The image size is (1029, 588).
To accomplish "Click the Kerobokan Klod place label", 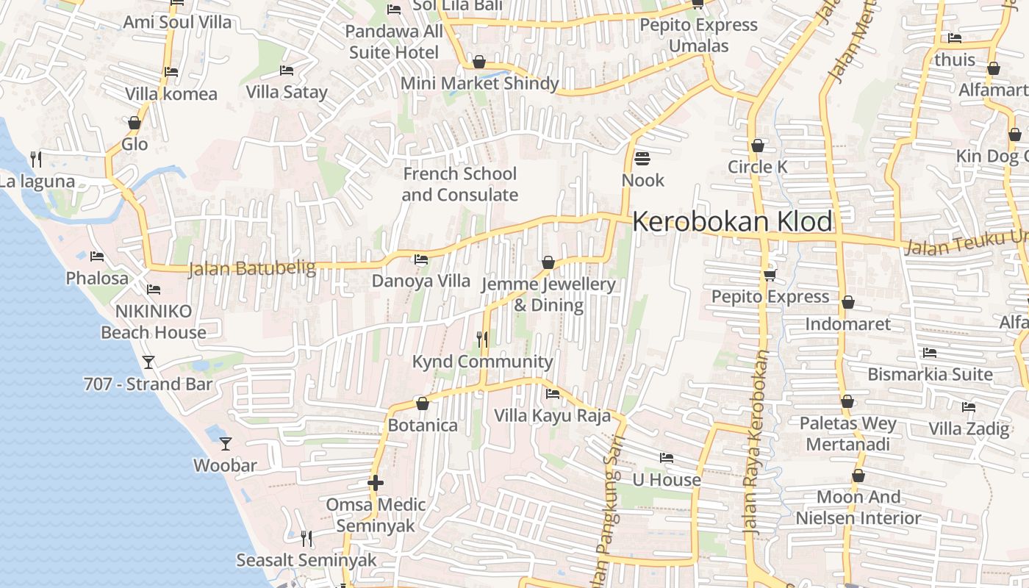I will [x=732, y=221].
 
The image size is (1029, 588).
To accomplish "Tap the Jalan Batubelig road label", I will [x=252, y=269].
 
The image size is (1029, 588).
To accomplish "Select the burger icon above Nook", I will [x=642, y=158].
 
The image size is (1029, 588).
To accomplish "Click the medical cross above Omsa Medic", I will [x=376, y=483].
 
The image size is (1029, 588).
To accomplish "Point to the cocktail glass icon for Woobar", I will [x=226, y=443].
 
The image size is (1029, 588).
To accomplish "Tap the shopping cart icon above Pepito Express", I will [x=770, y=275].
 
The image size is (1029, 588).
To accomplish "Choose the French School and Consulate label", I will [x=460, y=184].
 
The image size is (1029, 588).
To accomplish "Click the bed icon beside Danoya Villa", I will [x=421, y=259].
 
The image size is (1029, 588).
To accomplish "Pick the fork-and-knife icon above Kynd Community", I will [x=482, y=339].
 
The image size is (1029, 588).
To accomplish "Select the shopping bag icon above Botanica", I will [x=423, y=404].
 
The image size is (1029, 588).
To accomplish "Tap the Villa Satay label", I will [x=287, y=92].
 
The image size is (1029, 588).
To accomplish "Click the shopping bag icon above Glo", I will [x=135, y=123].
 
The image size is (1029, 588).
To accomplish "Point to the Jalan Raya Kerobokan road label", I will [x=756, y=441].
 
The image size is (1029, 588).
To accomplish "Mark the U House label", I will [x=667, y=480].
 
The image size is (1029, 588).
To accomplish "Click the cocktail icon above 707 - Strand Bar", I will [x=148, y=362].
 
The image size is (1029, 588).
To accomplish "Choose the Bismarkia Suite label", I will [x=930, y=374].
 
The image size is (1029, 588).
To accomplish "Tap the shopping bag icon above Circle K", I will [x=758, y=146].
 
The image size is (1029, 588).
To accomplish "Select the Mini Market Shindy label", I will [x=479, y=83].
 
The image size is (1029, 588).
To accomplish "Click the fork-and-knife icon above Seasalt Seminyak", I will [x=306, y=539].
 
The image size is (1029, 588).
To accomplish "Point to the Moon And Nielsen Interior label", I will [x=858, y=508].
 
